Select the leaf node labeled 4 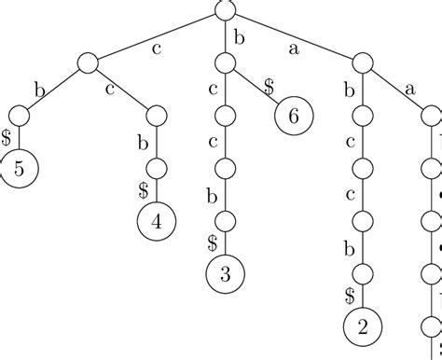click(x=156, y=222)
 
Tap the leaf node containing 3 click(x=225, y=274)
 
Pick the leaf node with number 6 click(x=294, y=117)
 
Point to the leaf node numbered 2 click(x=363, y=326)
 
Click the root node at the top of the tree click(x=225, y=11)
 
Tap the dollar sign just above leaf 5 click(x=7, y=137)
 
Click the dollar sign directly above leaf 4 click(x=143, y=190)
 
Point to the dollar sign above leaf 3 click(x=212, y=242)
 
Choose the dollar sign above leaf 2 click(x=350, y=295)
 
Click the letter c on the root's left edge click(x=156, y=48)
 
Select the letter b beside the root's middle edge click(x=238, y=37)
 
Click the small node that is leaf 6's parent click(x=225, y=64)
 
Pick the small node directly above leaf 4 click(x=156, y=170)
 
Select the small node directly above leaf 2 click(x=363, y=274)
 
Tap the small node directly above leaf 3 click(x=225, y=222)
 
